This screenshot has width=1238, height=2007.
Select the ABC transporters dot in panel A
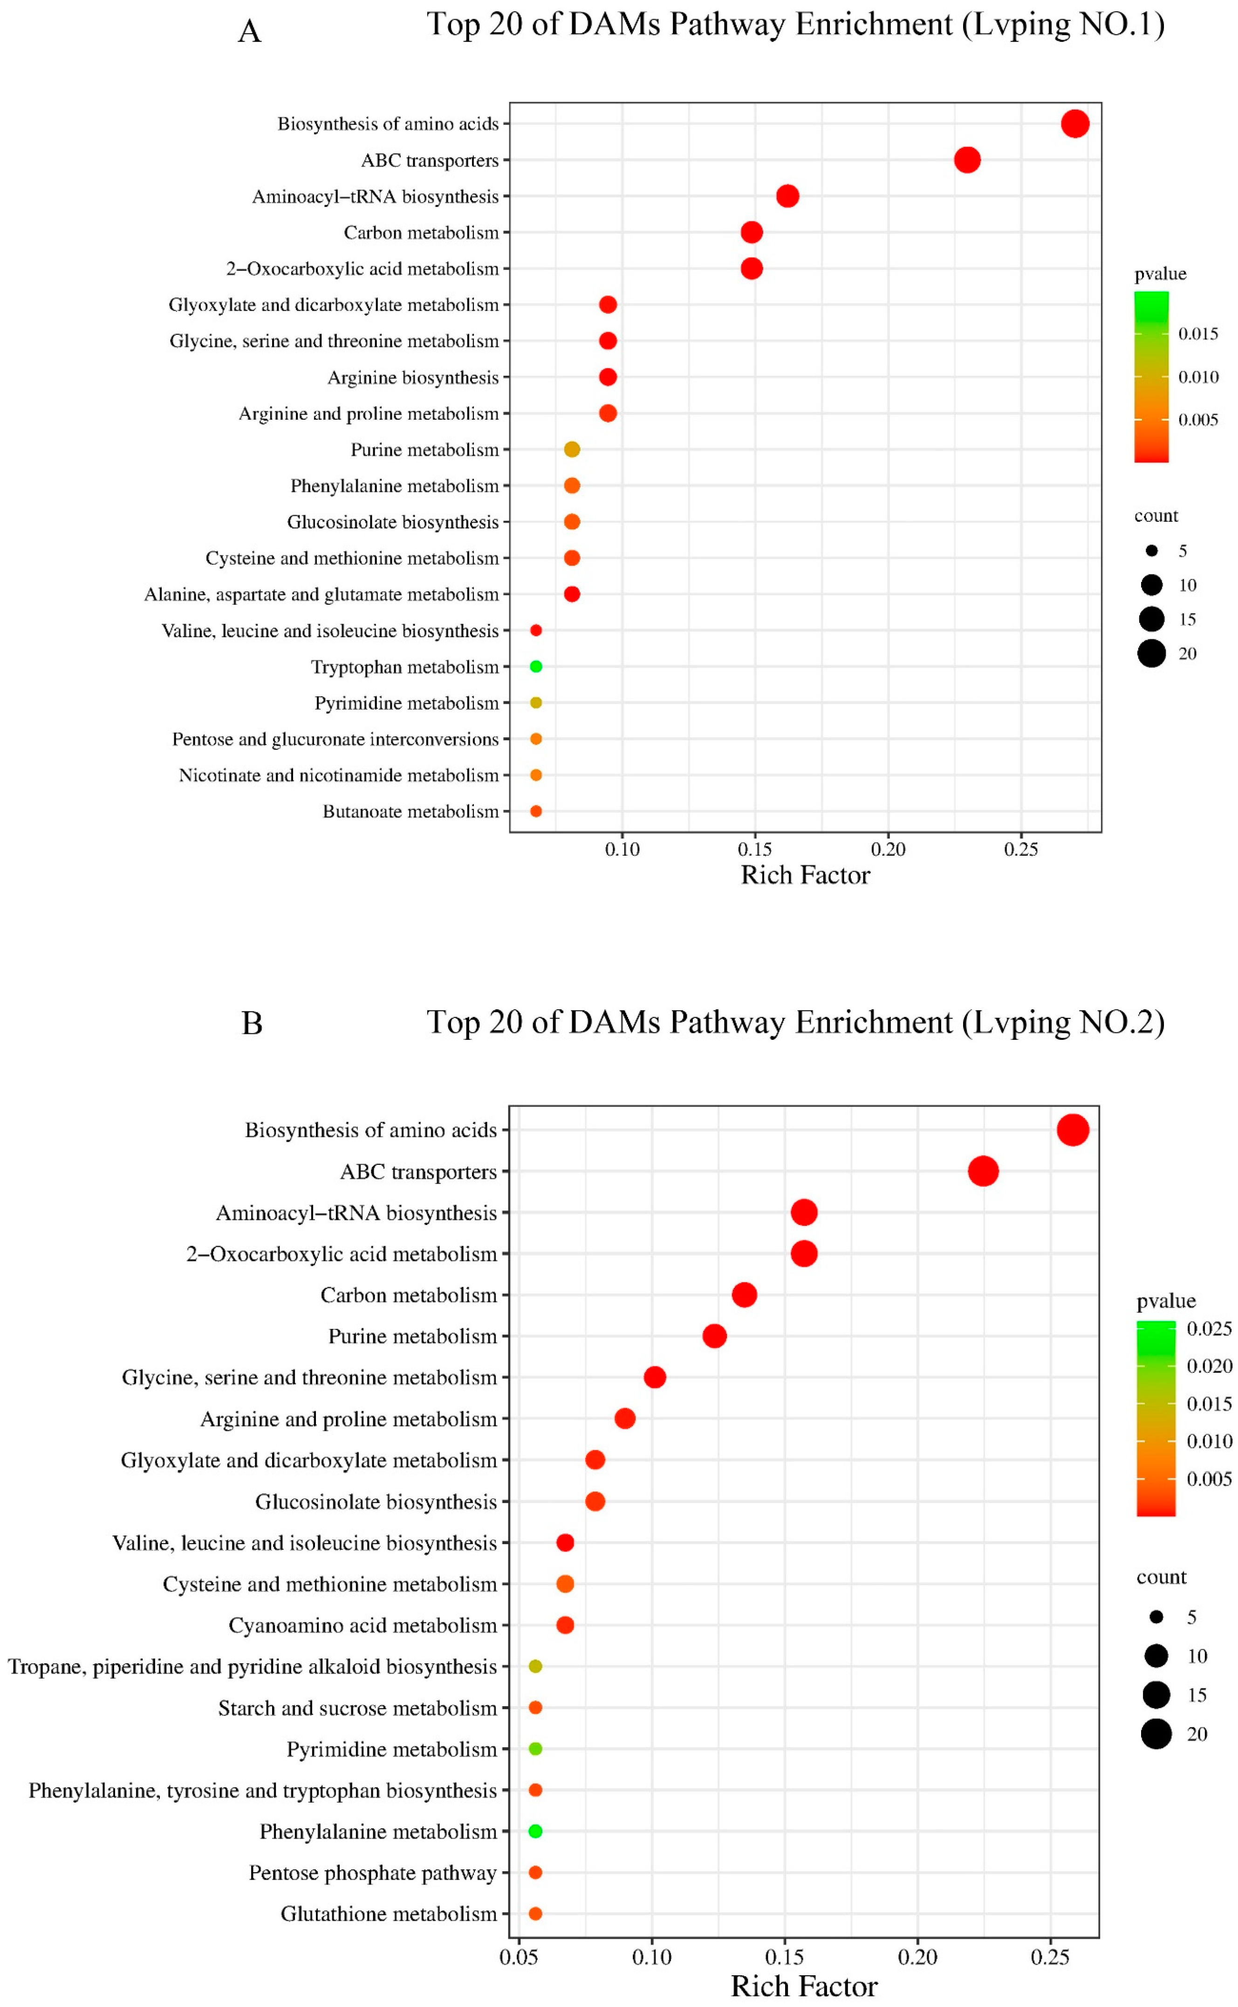pyautogui.click(x=967, y=160)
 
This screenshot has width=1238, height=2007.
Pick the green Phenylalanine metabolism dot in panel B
pyautogui.click(x=535, y=1831)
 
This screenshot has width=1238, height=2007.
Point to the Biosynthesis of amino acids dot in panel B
pyautogui.click(x=1073, y=1130)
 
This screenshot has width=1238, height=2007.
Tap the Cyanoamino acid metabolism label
pyautogui.click(x=362, y=1625)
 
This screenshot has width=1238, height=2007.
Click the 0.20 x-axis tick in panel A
pyautogui.click(x=889, y=850)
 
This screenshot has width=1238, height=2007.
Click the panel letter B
pyautogui.click(x=252, y=1023)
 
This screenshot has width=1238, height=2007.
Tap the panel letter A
pyautogui.click(x=250, y=31)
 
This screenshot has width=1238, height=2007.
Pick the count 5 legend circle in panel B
pyautogui.click(x=1156, y=1617)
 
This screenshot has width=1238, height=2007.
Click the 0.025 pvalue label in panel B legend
pyautogui.click(x=1209, y=1328)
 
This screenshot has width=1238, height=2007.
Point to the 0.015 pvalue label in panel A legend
pyautogui.click(x=1198, y=333)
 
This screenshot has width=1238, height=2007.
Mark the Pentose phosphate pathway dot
pyautogui.click(x=535, y=1873)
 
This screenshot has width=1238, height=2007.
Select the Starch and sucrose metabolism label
pyautogui.click(x=357, y=1708)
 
